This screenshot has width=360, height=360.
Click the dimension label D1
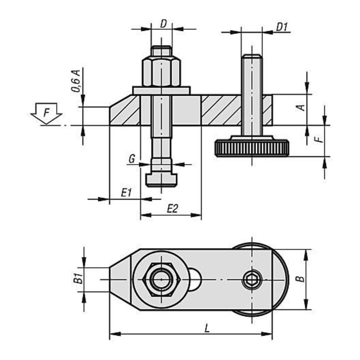281,27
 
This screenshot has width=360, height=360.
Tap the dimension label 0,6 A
76,81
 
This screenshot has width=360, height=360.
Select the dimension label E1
126,192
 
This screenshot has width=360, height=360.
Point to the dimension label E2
172,208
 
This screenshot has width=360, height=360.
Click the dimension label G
132,159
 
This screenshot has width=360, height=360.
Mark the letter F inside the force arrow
46,113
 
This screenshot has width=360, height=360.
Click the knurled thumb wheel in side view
251,148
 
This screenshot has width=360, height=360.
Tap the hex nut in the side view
161,72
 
